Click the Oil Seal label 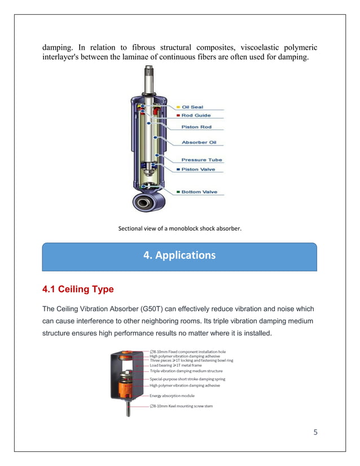192,107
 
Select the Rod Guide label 196,116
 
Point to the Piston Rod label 196,127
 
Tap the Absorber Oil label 199,142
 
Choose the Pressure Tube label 201,160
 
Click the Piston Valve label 198,169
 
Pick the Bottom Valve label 199,192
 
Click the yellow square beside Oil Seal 178,107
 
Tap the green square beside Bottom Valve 178,192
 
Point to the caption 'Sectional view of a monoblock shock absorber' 179,228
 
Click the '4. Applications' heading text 179,255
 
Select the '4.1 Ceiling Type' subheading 78,289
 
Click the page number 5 315,433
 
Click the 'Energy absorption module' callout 172,395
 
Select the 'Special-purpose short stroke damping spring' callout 187,379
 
